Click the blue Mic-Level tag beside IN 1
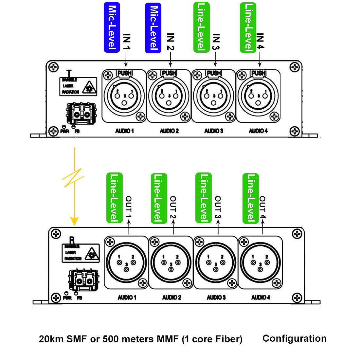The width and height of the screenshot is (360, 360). (112, 27)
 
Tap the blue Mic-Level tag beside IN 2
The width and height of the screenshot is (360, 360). (153, 28)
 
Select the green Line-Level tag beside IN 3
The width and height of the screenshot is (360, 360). (202, 27)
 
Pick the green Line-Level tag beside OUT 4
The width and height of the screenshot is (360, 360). (251, 198)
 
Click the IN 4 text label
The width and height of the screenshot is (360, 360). (260, 42)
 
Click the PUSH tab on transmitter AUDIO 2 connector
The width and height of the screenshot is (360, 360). (169, 73)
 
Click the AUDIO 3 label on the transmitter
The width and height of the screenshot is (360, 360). (214, 131)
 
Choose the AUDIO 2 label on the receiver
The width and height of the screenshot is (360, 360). (172, 297)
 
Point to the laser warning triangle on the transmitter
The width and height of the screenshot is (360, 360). (89, 87)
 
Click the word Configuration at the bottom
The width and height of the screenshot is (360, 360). (294, 338)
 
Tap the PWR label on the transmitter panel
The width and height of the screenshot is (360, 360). (65, 132)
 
